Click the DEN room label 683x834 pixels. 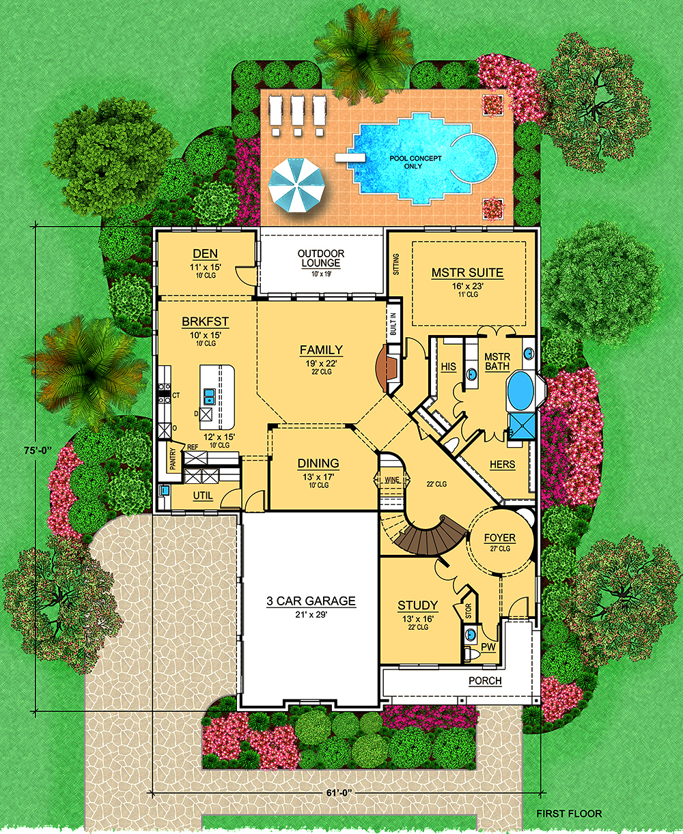205,254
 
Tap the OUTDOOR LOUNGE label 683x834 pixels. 321,258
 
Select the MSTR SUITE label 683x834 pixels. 467,272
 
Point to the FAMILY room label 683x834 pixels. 321,350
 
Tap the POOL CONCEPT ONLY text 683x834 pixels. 415,162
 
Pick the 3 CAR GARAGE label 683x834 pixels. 311,601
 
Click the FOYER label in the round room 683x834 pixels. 500,538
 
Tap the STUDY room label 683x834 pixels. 417,605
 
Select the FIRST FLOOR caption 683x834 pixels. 569,814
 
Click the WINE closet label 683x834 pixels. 391,480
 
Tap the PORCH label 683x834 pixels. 485,680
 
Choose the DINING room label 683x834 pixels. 318,463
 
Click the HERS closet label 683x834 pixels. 502,465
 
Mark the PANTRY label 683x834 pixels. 173,459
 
